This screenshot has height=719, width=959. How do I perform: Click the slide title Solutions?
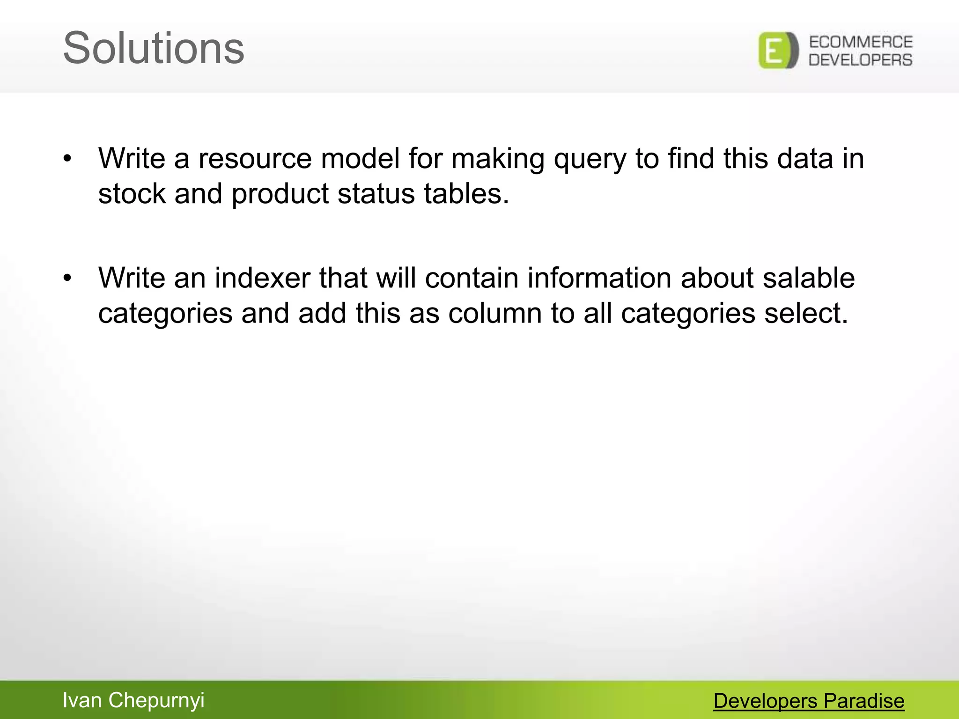tap(154, 48)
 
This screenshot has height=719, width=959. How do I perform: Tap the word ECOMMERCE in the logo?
tap(861, 42)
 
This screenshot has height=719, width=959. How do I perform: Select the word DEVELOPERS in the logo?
tap(861, 60)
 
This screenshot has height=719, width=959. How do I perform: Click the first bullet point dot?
tap(68, 159)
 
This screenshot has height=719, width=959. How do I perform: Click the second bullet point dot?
tap(68, 278)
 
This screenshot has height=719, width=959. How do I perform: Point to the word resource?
tap(255, 159)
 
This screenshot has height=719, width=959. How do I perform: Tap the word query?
tap(590, 160)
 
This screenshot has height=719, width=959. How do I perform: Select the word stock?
tap(132, 193)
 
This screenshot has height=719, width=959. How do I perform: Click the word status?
tap(376, 193)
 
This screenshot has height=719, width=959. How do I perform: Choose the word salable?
tap(809, 278)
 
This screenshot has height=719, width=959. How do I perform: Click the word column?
tap(495, 313)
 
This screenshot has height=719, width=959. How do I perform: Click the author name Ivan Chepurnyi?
tap(133, 701)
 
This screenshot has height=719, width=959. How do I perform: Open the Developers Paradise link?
tap(809, 701)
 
